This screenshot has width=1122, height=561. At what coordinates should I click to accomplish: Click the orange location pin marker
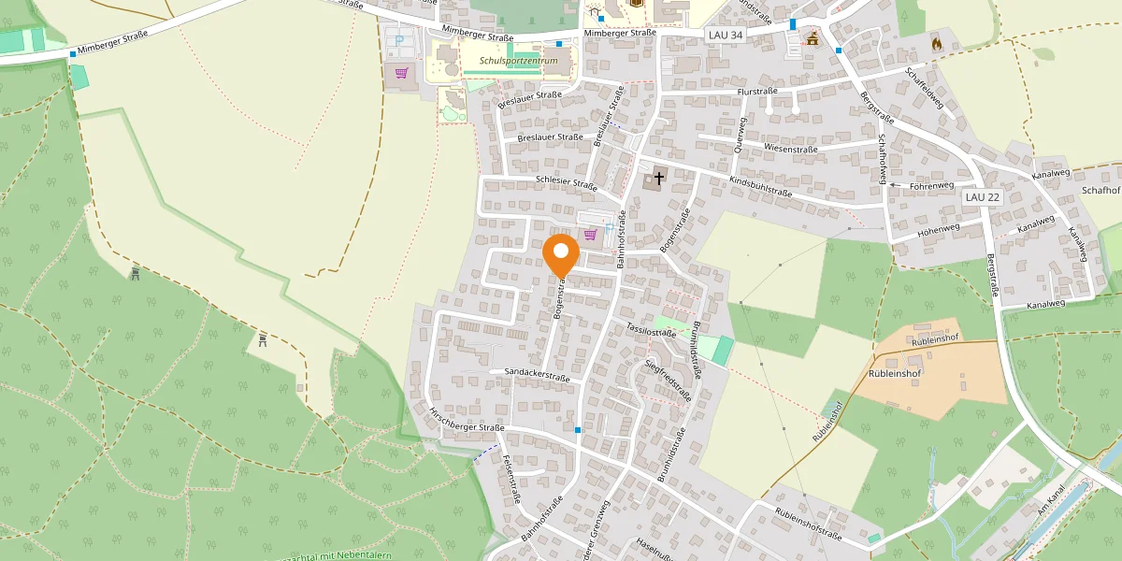click(561, 254)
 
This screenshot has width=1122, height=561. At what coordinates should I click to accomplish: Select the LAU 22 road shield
click(983, 197)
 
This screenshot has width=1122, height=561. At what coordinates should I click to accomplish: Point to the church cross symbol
click(659, 177)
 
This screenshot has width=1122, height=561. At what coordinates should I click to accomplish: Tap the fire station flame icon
click(937, 43)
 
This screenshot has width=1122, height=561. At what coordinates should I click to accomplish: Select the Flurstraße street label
click(757, 92)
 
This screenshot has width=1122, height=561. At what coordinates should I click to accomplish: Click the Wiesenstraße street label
click(790, 149)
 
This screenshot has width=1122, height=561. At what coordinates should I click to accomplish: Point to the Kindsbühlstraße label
click(760, 186)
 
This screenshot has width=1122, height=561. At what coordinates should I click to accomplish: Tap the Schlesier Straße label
click(567, 184)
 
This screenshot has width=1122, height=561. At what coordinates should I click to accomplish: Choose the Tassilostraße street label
click(651, 331)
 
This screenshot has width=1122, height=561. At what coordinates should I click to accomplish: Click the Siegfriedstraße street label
click(669, 379)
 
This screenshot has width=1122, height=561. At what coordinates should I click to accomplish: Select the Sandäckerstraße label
click(537, 377)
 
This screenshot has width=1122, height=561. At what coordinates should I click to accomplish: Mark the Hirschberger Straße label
click(466, 419)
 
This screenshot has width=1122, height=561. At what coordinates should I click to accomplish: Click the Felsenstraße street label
click(511, 478)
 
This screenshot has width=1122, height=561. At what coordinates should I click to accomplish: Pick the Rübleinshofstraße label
click(809, 523)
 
